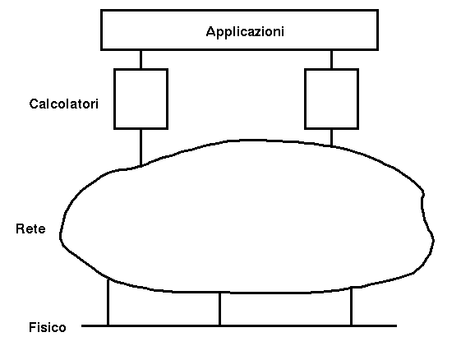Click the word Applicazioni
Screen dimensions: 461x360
tap(245, 32)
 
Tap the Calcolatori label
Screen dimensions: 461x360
tap(64, 104)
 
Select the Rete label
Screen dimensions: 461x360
tap(30, 228)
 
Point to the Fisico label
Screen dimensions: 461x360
tap(48, 327)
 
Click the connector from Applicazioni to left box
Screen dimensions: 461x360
tap(141, 59)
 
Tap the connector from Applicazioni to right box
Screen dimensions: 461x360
tap(332, 59)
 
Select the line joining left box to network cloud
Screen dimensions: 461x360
tap(141, 148)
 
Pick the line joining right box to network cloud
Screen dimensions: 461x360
tap(332, 137)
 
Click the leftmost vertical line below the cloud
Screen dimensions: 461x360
tap(108, 302)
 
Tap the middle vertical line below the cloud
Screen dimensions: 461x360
tap(220, 309)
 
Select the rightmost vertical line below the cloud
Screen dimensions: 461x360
tap(352, 307)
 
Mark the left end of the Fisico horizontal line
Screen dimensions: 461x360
tap(81, 325)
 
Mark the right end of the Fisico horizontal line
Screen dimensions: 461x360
tap(397, 325)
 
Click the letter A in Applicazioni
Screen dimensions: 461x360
tap(210, 31)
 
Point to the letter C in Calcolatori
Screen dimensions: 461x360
tap(34, 104)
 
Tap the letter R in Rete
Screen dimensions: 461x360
tap(21, 228)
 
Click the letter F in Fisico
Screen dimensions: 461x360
tap(33, 327)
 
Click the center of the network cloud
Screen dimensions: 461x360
tap(247, 217)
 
